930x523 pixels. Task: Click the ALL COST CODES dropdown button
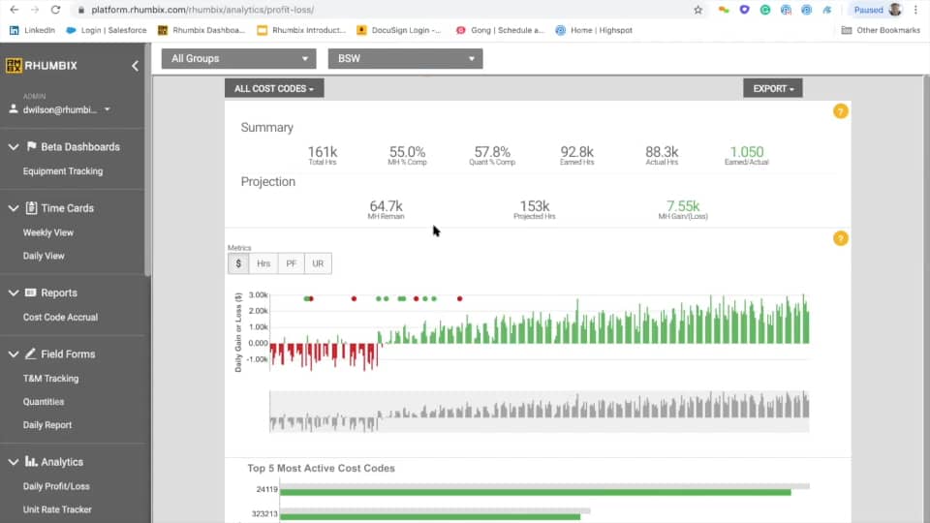pyautogui.click(x=274, y=88)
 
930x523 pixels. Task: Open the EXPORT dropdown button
pyautogui.click(x=772, y=88)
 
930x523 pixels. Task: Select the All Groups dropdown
pyautogui.click(x=238, y=59)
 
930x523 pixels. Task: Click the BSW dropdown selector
pyautogui.click(x=405, y=59)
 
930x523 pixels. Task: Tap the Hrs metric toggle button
pyautogui.click(x=263, y=263)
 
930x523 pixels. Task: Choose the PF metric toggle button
pyautogui.click(x=291, y=263)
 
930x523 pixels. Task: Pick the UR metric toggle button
pyautogui.click(x=318, y=263)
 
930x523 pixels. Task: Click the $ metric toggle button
pyautogui.click(x=238, y=263)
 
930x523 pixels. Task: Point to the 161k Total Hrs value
pyautogui.click(x=323, y=152)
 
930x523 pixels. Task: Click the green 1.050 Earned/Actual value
pyautogui.click(x=746, y=152)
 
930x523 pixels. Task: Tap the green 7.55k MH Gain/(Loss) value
pyautogui.click(x=682, y=206)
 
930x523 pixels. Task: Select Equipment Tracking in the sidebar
pyautogui.click(x=63, y=171)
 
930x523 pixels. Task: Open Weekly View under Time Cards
pyautogui.click(x=48, y=232)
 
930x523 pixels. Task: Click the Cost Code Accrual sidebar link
pyautogui.click(x=60, y=317)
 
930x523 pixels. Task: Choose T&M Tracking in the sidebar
pyautogui.click(x=51, y=379)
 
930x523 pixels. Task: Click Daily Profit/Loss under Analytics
pyautogui.click(x=56, y=486)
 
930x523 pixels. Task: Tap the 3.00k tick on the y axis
pyautogui.click(x=258, y=294)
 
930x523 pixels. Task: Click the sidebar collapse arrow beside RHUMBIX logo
pyautogui.click(x=135, y=66)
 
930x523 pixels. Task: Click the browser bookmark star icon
pyautogui.click(x=698, y=10)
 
